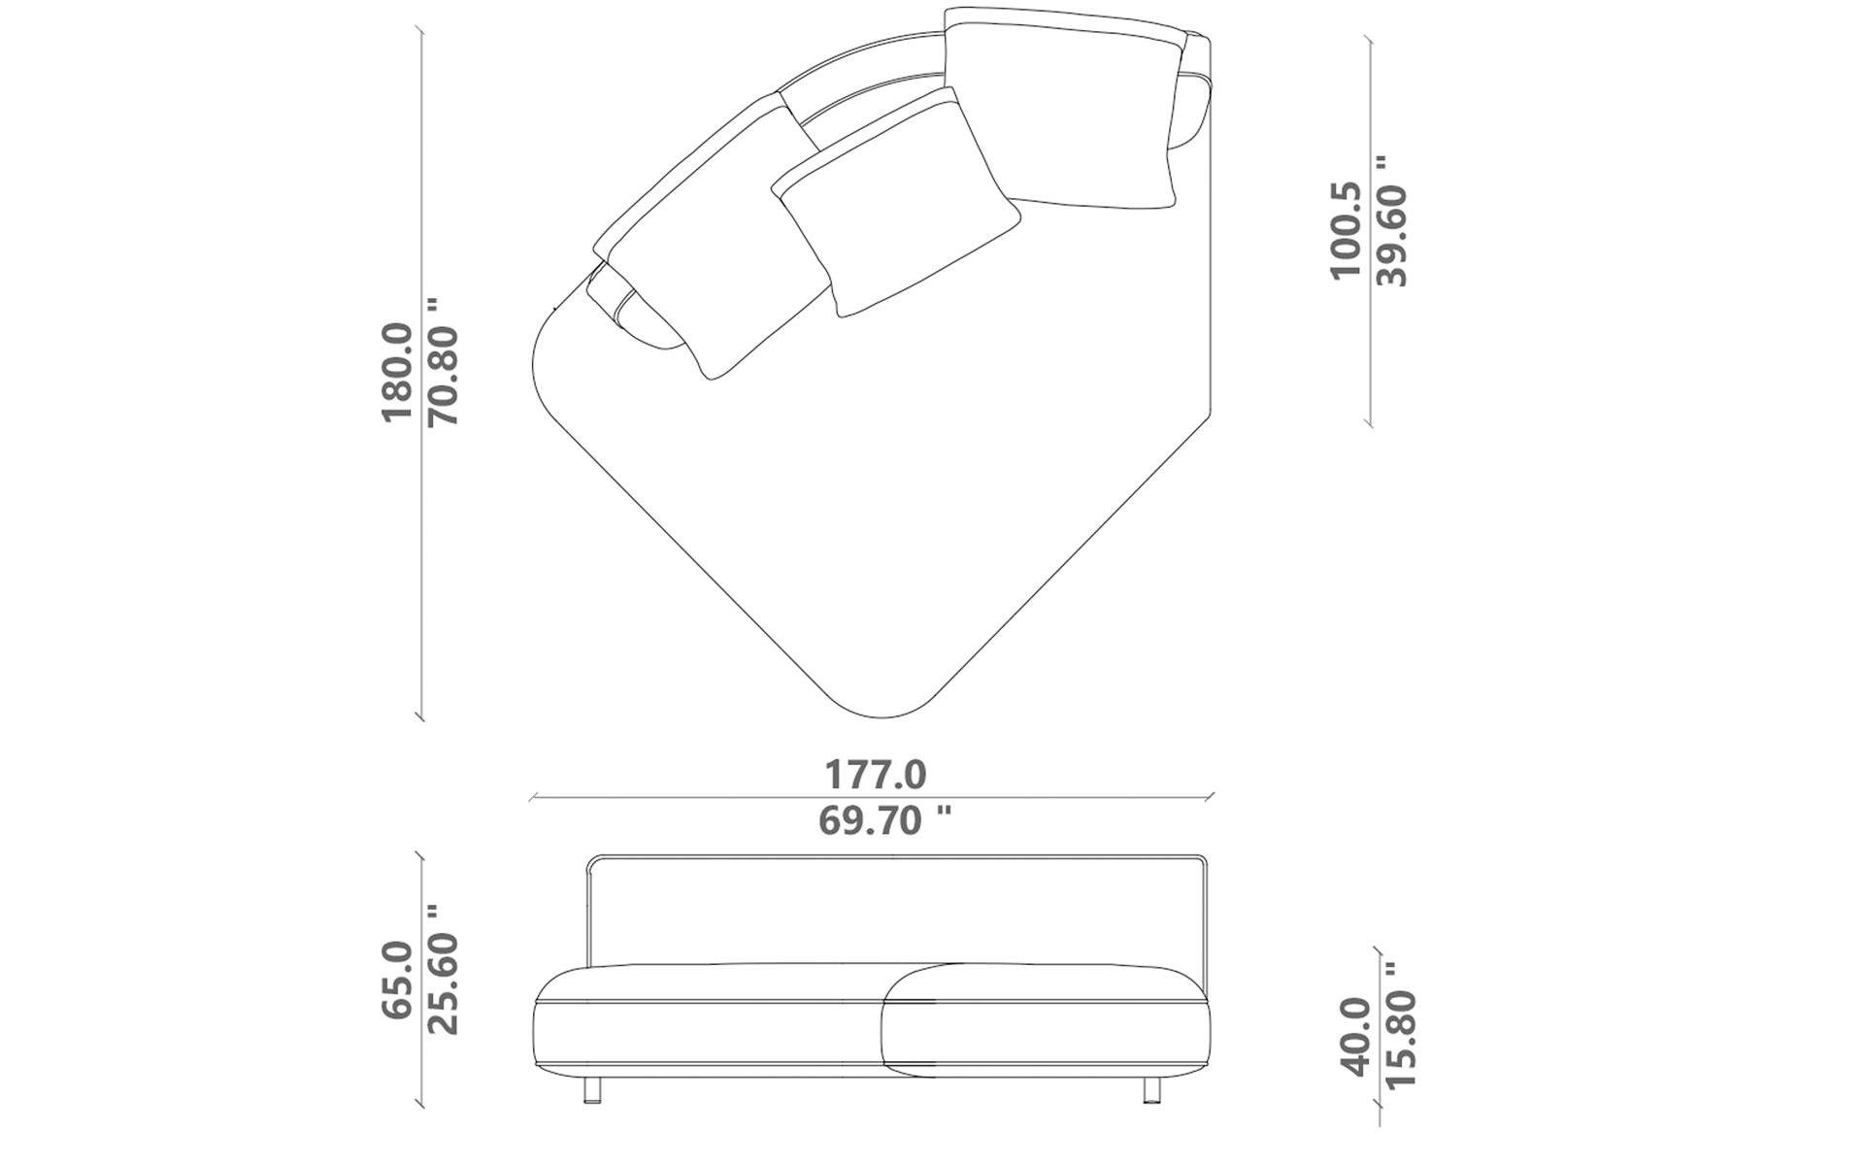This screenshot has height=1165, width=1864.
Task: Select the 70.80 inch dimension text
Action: [444, 361]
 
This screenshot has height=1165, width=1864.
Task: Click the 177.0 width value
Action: [876, 775]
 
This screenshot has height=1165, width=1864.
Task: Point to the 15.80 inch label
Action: [1401, 1025]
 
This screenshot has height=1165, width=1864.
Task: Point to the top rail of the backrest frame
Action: [893, 857]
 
